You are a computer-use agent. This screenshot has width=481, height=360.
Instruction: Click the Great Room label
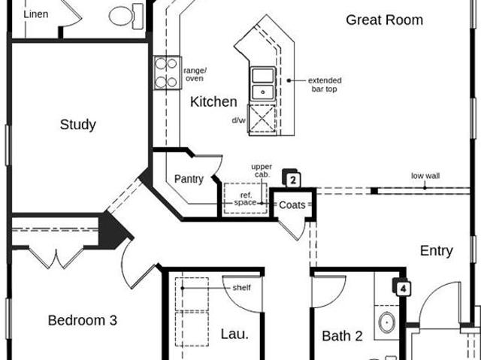[384, 20]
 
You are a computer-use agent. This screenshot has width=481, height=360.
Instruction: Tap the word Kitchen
[213, 101]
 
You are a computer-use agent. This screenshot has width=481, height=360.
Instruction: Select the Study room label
[78, 125]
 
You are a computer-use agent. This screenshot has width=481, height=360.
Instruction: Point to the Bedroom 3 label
[83, 320]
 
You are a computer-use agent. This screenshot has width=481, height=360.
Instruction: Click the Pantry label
[189, 179]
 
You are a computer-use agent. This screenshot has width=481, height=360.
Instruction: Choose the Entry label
[436, 251]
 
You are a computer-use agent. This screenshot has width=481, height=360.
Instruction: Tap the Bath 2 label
[342, 336]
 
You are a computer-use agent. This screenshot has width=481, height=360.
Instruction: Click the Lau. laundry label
[234, 334]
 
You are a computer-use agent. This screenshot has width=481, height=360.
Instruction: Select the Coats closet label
[292, 205]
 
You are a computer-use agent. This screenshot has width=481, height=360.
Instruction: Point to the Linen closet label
[36, 14]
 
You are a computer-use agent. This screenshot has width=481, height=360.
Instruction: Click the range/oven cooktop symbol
[167, 73]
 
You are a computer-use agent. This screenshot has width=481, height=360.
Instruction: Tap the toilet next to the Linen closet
[126, 17]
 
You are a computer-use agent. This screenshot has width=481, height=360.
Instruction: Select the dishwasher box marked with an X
[262, 119]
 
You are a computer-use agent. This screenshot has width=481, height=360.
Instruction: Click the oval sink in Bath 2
[387, 322]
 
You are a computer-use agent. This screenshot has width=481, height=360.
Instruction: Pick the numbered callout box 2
[292, 179]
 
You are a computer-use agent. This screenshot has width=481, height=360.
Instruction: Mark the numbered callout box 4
[402, 287]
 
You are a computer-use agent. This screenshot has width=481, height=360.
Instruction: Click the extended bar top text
[325, 85]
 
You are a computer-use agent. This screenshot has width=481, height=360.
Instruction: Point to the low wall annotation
[425, 176]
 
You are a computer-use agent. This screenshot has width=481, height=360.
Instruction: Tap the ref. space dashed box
[246, 198]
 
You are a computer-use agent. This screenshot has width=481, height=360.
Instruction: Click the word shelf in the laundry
[242, 288]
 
